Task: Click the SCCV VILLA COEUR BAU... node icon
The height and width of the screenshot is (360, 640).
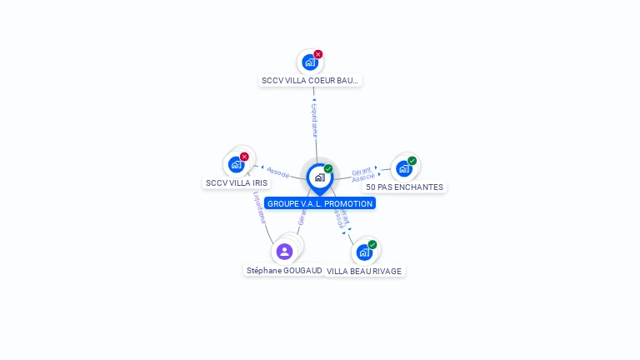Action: pyautogui.click(x=310, y=62)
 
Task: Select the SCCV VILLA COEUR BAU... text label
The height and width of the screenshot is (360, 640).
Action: pyautogui.click(x=310, y=81)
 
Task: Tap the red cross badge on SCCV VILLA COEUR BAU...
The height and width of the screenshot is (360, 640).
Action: pyautogui.click(x=318, y=54)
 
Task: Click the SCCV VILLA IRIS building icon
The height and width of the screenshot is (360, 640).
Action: pyautogui.click(x=236, y=164)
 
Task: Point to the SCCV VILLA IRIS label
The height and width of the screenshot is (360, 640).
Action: pyautogui.click(x=237, y=182)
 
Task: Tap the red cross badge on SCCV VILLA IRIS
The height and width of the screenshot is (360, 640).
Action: pyautogui.click(x=244, y=157)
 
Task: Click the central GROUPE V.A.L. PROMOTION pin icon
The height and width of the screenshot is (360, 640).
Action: pyautogui.click(x=319, y=177)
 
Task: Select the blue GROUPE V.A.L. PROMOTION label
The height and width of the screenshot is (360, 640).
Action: pyautogui.click(x=320, y=203)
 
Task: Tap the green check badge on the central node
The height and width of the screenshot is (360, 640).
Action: pyautogui.click(x=328, y=169)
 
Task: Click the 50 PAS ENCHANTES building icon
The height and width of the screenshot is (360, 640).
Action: pyautogui.click(x=404, y=168)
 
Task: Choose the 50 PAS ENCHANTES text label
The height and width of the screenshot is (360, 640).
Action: pyautogui.click(x=404, y=187)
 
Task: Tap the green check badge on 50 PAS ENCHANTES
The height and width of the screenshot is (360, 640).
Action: pyautogui.click(x=412, y=161)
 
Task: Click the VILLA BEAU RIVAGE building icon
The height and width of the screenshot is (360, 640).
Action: pyautogui.click(x=364, y=252)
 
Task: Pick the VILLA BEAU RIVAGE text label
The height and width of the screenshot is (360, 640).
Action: pyautogui.click(x=364, y=271)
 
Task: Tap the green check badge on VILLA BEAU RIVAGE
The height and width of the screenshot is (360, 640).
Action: pyautogui.click(x=372, y=244)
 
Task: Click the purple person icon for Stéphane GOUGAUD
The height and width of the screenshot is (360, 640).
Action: pyautogui.click(x=284, y=251)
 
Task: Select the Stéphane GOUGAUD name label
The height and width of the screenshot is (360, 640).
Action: pyautogui.click(x=284, y=271)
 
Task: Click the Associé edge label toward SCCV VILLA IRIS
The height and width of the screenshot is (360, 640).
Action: pyautogui.click(x=277, y=172)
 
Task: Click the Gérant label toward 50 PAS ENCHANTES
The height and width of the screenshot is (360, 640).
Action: pyautogui.click(x=361, y=170)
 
